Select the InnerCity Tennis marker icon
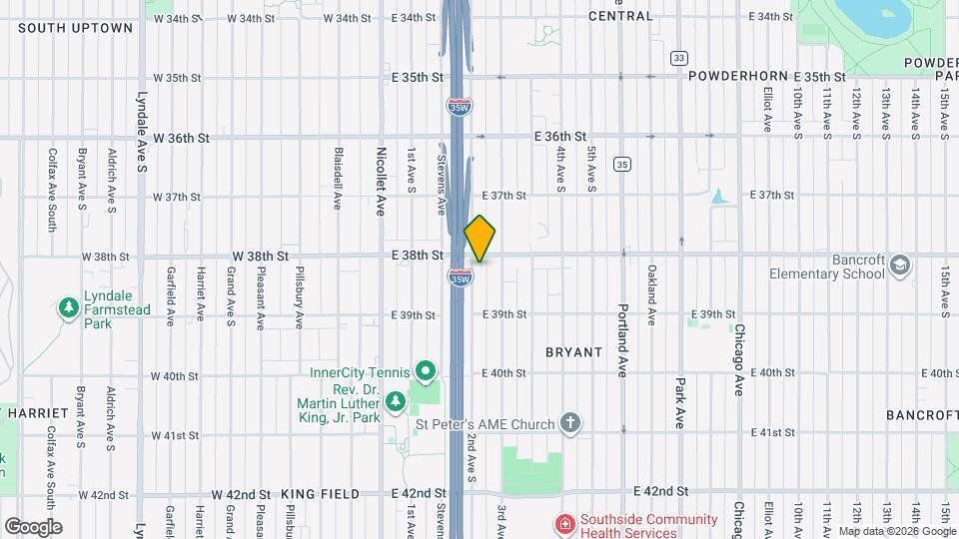click(x=427, y=373)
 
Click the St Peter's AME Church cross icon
click(x=570, y=424)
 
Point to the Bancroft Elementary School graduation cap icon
click(x=900, y=266)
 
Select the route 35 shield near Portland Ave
click(x=622, y=164)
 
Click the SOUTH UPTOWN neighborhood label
click(x=75, y=28)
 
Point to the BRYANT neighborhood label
click(x=573, y=352)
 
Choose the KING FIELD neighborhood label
click(x=319, y=494)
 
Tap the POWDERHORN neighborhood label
click(x=739, y=76)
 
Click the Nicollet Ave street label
click(x=381, y=182)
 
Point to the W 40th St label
click(x=175, y=376)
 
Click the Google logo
click(x=33, y=526)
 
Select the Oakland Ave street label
click(x=651, y=294)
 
